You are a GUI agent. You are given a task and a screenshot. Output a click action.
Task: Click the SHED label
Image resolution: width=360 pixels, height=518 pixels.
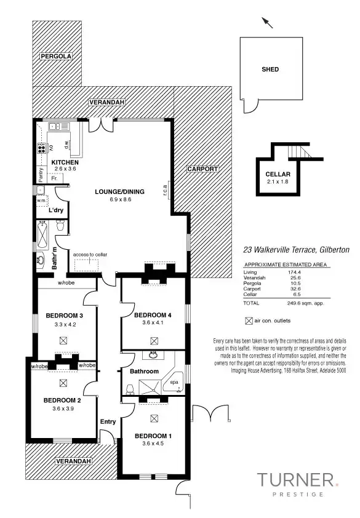tap(270, 70)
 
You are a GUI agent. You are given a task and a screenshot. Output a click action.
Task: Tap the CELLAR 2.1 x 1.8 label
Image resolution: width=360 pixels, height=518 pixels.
tap(278, 178)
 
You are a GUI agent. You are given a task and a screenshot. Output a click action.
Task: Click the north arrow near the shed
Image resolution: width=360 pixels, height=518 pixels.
tap(268, 23)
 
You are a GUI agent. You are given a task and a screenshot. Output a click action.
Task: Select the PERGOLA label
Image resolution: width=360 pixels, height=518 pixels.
tap(56, 56)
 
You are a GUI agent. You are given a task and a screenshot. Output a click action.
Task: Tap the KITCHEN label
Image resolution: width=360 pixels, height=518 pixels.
tap(65, 162)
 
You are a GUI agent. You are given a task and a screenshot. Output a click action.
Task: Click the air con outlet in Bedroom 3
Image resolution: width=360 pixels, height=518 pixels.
tap(63, 340)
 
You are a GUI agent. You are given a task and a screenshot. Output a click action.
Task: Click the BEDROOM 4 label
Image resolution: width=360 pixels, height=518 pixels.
tap(152, 316)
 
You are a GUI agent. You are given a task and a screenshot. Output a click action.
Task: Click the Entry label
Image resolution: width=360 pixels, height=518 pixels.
tap(108, 421)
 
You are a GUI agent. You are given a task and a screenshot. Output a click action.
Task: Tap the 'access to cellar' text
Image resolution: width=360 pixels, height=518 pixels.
tap(90, 255)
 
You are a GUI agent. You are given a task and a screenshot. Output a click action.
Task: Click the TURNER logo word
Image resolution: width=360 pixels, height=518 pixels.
tap(295, 480)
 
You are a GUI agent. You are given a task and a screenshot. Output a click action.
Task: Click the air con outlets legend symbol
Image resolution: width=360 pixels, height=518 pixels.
tap(249, 321)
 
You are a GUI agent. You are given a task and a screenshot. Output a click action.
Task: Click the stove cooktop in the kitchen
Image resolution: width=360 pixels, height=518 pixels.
tap(42, 148)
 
